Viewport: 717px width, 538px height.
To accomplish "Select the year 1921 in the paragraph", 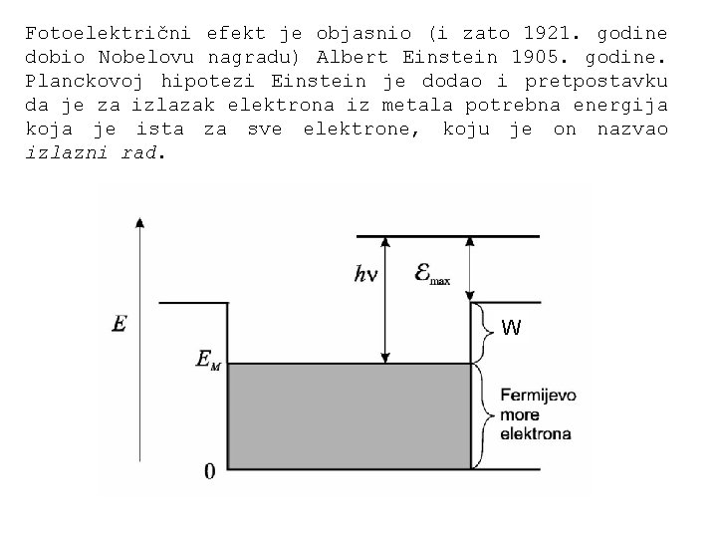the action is pyautogui.click(x=549, y=32).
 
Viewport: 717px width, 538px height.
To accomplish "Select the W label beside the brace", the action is pyautogui.click(x=511, y=327).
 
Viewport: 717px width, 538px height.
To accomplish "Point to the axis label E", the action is pyautogui.click(x=119, y=324).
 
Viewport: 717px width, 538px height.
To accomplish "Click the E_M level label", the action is pyautogui.click(x=208, y=360).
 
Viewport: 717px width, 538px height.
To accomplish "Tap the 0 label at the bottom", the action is pyautogui.click(x=209, y=470).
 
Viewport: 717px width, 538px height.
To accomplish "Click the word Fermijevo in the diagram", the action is pyautogui.click(x=538, y=396).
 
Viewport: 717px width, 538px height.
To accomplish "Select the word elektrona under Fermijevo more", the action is pyautogui.click(x=536, y=434).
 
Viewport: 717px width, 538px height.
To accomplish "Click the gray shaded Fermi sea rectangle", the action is pyautogui.click(x=349, y=416).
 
